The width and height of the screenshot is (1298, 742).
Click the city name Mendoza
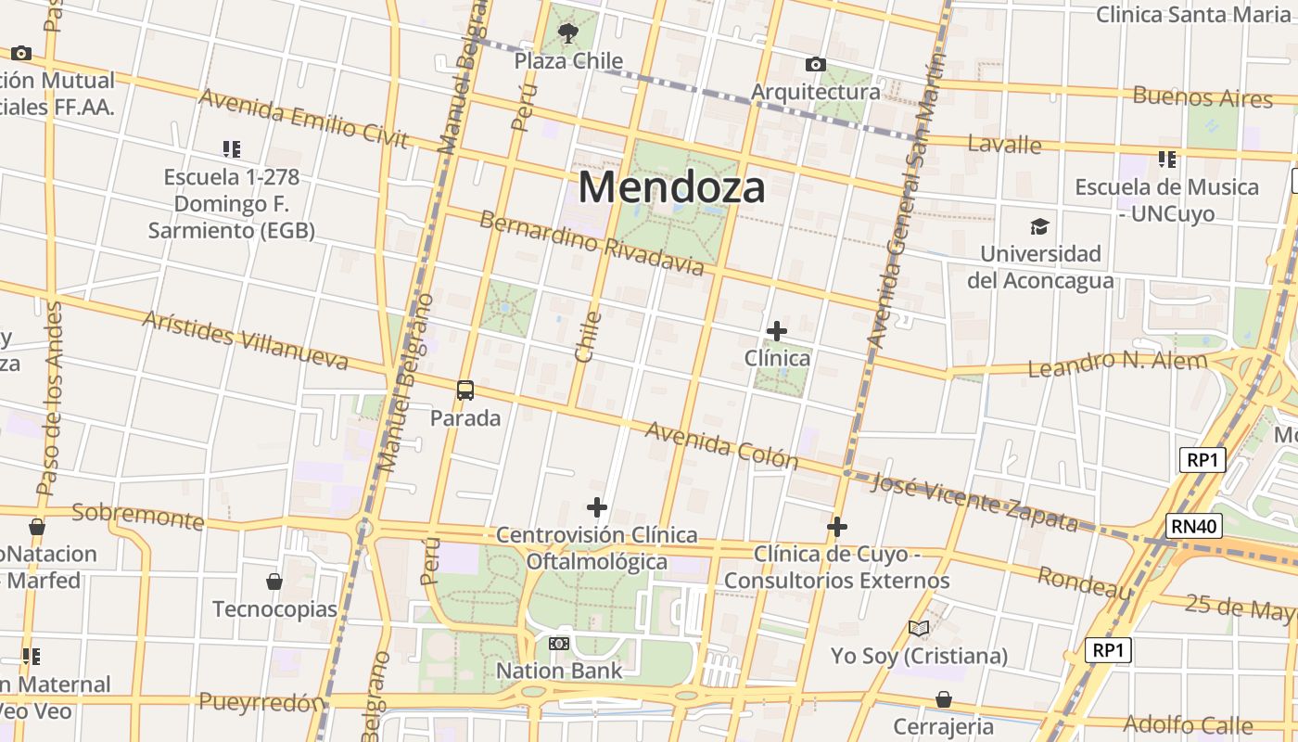[672, 187]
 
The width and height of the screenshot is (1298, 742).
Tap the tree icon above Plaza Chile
[568, 34]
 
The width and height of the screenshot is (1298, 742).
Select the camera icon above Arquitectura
[816, 64]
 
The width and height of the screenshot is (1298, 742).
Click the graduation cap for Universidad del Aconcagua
[1040, 226]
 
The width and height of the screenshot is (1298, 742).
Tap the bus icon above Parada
[465, 390]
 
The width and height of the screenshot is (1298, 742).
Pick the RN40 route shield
[1193, 526]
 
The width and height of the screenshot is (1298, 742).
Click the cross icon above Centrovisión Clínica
[597, 507]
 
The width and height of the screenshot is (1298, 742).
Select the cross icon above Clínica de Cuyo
[837, 527]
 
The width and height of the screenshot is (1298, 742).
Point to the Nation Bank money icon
[559, 643]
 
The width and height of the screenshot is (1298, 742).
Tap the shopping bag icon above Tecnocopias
[274, 582]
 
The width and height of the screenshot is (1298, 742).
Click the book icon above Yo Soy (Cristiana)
[919, 629]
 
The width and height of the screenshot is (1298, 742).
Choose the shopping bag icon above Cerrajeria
[943, 698]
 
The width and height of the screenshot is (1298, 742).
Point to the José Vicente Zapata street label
[975, 502]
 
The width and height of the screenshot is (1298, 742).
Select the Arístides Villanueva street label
[245, 340]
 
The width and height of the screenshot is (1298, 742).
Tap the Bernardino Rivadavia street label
[592, 244]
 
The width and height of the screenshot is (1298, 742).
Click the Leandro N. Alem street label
[1117, 364]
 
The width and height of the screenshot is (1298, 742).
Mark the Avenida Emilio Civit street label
[303, 118]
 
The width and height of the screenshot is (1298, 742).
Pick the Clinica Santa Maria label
[1193, 14]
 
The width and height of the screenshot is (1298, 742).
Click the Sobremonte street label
[137, 515]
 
